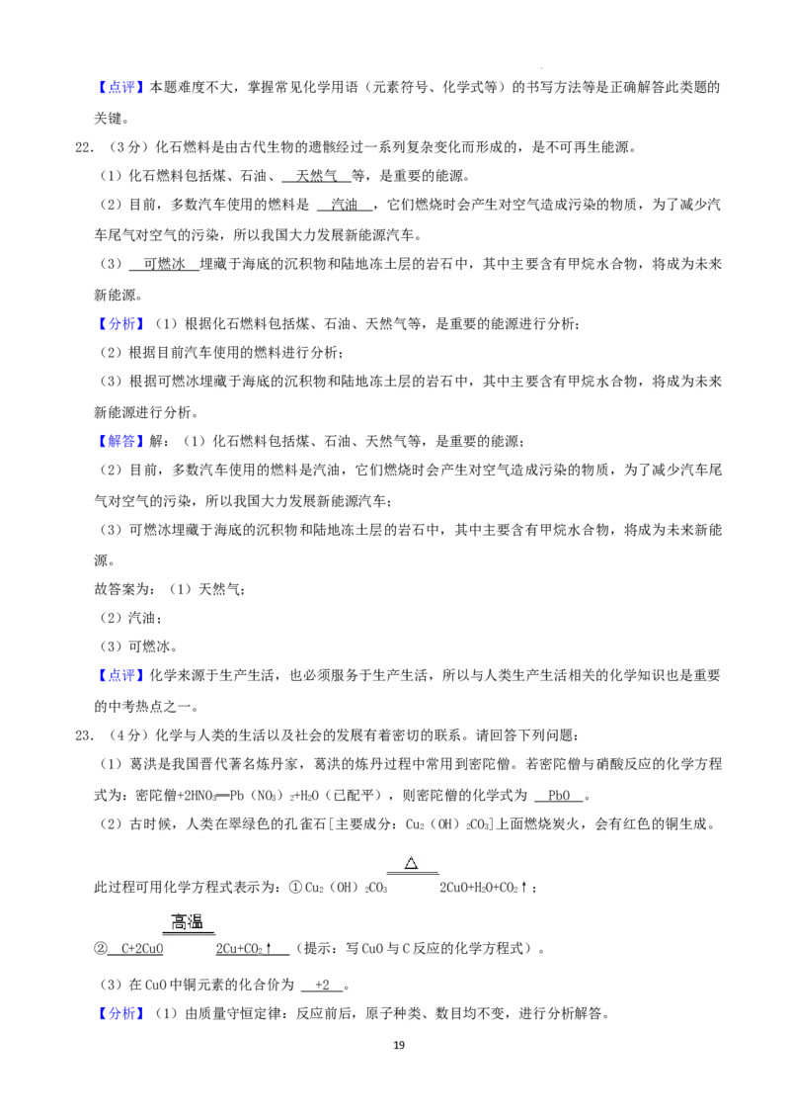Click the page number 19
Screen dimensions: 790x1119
point(399,1045)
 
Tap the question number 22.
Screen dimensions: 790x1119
point(84,147)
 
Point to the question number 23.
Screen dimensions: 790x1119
point(84,735)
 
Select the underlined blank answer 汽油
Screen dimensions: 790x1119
point(345,205)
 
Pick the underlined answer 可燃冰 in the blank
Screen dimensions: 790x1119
point(164,264)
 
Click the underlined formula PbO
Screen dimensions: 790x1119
point(559,795)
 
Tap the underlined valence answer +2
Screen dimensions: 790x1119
point(322,985)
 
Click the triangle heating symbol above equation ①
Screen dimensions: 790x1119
point(412,864)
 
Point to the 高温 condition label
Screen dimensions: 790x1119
point(188,922)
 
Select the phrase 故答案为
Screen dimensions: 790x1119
point(121,589)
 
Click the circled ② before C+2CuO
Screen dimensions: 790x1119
point(101,948)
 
